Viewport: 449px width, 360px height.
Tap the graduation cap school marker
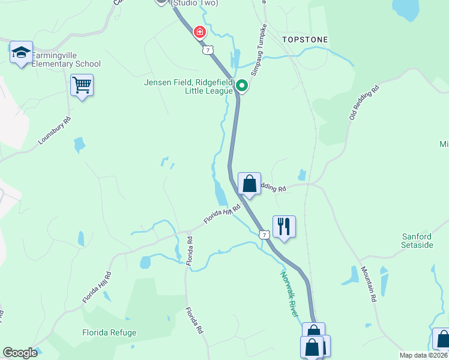click(x=22, y=52)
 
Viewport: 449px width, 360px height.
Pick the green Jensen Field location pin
click(x=241, y=86)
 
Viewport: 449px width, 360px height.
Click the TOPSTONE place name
click(x=305, y=40)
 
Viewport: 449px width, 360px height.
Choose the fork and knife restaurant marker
click(x=284, y=226)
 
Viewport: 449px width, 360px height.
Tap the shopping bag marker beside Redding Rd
click(x=249, y=184)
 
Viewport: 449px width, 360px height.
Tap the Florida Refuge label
click(x=109, y=332)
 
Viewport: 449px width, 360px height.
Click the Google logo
click(x=20, y=353)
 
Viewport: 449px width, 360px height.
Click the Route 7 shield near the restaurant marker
click(x=264, y=234)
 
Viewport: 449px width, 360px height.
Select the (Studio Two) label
click(x=194, y=3)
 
